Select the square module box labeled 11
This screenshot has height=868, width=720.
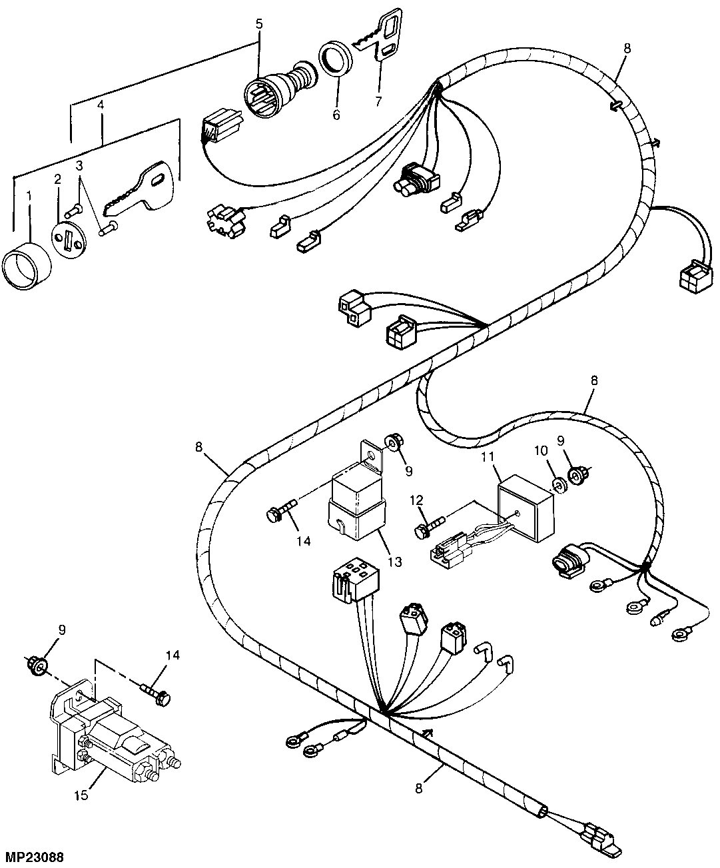pos(526,504)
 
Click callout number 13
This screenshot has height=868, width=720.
pos(394,562)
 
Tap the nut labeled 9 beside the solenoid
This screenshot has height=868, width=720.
pos(39,664)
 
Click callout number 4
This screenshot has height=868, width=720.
pos(101,105)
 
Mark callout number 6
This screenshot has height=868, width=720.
pos(336,115)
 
